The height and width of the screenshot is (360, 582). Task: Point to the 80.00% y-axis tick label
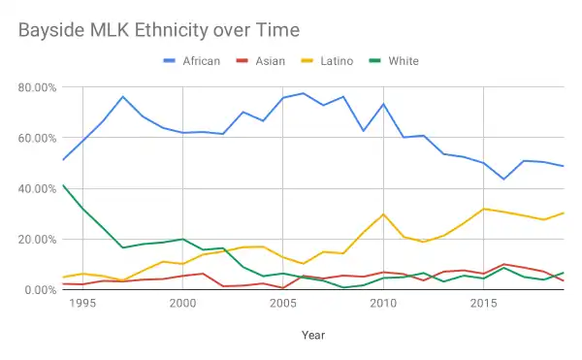(x=39, y=87)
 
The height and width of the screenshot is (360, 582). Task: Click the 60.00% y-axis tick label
(x=39, y=138)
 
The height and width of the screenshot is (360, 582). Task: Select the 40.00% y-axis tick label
(x=39, y=188)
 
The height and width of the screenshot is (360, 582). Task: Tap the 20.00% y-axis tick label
(x=39, y=239)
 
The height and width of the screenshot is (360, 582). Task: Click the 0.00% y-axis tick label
(x=42, y=289)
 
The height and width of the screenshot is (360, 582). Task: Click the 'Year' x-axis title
(x=312, y=334)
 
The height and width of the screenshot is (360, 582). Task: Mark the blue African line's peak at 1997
(x=122, y=97)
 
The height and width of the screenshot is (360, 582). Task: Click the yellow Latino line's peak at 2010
(x=383, y=214)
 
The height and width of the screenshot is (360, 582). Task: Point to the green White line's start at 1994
(x=62, y=184)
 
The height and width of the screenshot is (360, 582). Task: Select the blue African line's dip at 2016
(x=503, y=179)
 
